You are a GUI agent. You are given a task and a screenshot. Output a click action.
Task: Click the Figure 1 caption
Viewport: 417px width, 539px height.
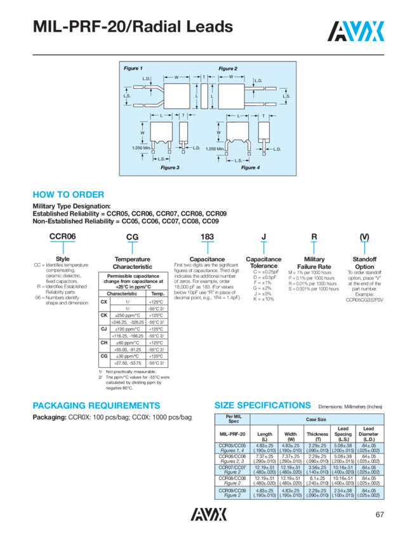[x=133, y=68]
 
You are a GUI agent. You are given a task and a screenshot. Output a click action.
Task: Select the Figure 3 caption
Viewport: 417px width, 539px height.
[x=170, y=167]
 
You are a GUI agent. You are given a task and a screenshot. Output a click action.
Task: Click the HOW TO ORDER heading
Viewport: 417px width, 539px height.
[x=68, y=195]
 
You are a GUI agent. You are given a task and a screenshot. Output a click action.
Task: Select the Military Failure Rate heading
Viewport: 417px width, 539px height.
[x=314, y=263]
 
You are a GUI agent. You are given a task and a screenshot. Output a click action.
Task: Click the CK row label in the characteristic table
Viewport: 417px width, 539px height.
[x=103, y=315]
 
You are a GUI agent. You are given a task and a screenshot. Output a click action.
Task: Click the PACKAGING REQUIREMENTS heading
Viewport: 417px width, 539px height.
[x=105, y=405]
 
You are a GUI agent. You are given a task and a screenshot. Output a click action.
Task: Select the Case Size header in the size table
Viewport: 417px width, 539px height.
[x=316, y=419]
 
